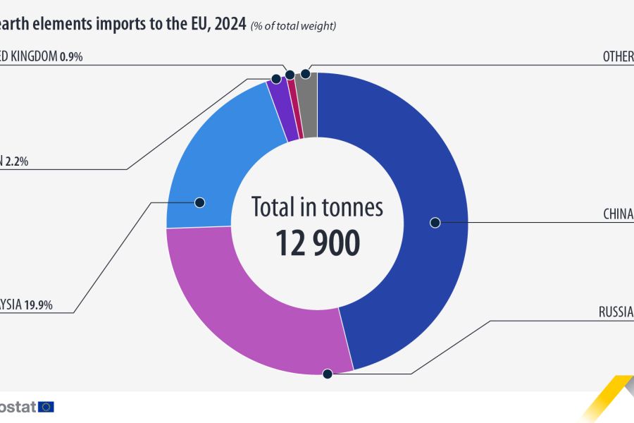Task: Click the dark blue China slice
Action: (x=423, y=176)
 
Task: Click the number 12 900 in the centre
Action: (x=317, y=243)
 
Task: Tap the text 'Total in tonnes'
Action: (x=317, y=207)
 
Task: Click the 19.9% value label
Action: (x=39, y=305)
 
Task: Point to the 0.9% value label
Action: (x=71, y=56)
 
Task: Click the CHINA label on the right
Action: (x=618, y=214)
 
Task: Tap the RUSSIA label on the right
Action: (x=616, y=312)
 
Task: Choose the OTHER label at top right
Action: (x=618, y=56)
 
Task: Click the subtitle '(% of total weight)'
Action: (x=293, y=26)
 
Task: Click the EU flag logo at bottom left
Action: (x=46, y=406)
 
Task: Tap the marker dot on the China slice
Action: (x=435, y=223)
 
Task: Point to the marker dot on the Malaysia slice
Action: (x=199, y=202)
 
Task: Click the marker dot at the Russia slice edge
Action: (x=327, y=374)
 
